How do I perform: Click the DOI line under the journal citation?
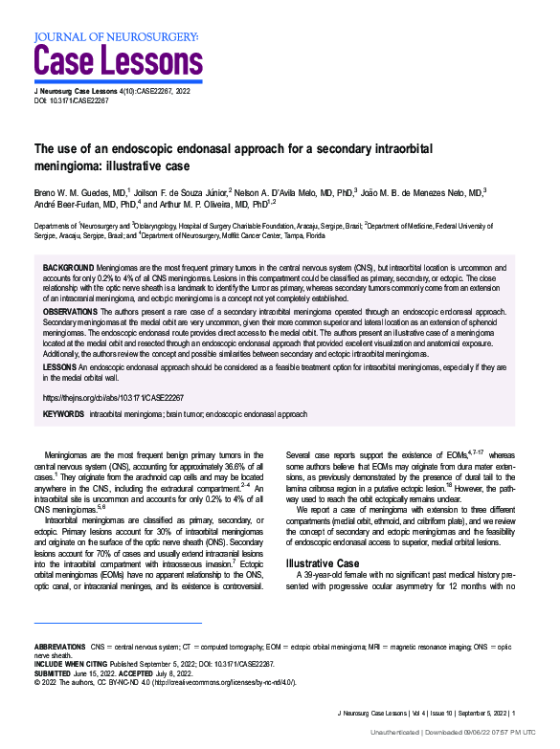72,100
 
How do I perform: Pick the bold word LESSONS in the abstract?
60,366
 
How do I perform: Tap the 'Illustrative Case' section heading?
325,562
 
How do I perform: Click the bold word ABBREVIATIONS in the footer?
59,648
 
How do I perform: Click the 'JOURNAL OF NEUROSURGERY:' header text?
116,37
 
